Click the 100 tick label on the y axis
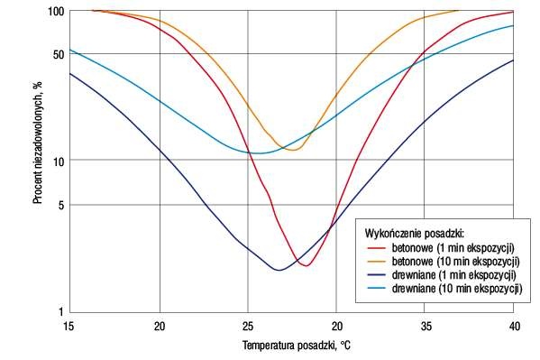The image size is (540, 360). tap(56, 12)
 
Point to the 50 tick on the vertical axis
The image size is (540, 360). tap(59, 54)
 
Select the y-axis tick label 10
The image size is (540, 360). tap(59, 161)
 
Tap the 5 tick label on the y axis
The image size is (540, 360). tap(61, 206)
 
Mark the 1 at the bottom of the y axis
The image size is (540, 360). tap(61, 311)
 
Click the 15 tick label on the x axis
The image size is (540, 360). tap(69, 326)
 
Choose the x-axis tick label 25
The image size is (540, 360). tap(248, 326)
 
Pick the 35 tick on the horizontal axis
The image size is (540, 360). tap(426, 326)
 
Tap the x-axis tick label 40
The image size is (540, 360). tap(515, 326)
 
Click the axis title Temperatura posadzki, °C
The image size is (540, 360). tap(297, 346)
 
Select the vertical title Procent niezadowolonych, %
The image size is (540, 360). tap(38, 142)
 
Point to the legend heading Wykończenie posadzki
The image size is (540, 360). tap(415, 234)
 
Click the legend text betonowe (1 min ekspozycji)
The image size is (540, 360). tap(453, 247)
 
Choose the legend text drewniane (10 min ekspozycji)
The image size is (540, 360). tap(457, 288)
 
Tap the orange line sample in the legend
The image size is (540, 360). tap(377, 262)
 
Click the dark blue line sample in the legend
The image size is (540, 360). tap(377, 275)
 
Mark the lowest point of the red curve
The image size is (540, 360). tap(307, 265)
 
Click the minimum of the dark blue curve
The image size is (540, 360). tap(279, 270)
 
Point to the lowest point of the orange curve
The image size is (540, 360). tap(293, 150)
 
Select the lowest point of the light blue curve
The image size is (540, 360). tap(259, 153)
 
